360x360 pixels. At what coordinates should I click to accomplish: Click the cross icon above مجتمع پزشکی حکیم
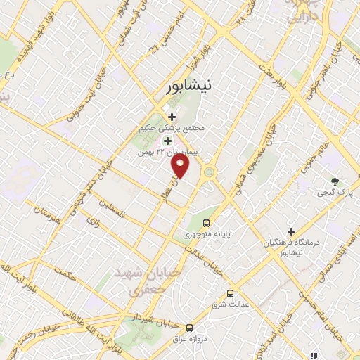point(171,117)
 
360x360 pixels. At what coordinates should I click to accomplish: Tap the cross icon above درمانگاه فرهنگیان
point(291,231)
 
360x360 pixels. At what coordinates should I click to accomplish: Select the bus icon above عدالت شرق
point(230,293)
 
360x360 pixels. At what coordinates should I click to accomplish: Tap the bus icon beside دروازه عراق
point(189,328)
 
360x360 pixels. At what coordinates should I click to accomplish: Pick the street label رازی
point(94,221)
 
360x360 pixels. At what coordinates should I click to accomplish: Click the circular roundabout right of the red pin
point(209,172)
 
